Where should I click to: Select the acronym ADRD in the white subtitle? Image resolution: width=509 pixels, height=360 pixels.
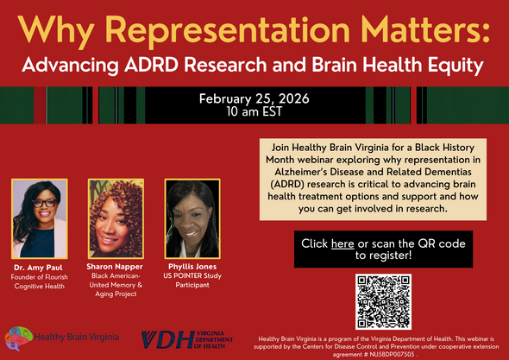(x=151, y=65)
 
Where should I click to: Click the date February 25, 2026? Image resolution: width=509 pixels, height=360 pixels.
(x=255, y=98)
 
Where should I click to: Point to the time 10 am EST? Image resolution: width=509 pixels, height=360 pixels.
(x=255, y=111)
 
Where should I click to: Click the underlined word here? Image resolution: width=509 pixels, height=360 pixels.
(x=342, y=243)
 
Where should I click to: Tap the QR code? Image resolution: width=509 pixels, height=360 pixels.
(x=383, y=302)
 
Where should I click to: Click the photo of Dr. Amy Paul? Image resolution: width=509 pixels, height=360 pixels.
(x=40, y=218)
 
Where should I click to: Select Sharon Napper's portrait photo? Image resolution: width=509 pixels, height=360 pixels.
(x=116, y=218)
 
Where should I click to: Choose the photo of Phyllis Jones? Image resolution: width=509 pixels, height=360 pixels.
(x=192, y=218)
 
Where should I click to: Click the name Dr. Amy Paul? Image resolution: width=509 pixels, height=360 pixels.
(x=38, y=268)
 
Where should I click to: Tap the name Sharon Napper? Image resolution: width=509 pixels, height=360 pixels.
(x=115, y=267)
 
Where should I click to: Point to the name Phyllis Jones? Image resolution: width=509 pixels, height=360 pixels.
(x=192, y=267)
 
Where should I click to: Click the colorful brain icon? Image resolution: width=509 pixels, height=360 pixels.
(x=18, y=338)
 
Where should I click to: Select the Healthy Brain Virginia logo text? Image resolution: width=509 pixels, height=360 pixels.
(x=76, y=337)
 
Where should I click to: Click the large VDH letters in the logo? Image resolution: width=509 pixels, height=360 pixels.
(x=168, y=340)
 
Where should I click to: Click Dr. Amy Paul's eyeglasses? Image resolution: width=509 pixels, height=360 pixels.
(x=44, y=203)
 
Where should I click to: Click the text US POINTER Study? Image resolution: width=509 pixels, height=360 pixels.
(x=192, y=276)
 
